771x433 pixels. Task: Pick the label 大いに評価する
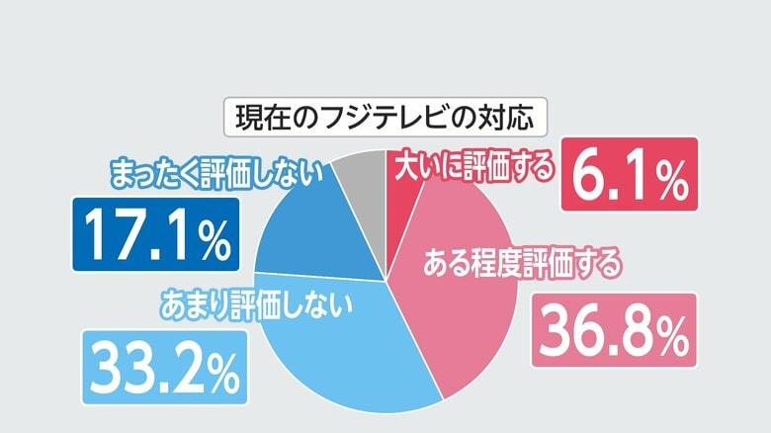pyautogui.click(x=473, y=169)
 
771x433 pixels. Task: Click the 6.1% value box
pyautogui.click(x=630, y=174)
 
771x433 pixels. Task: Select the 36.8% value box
pyautogui.click(x=614, y=332)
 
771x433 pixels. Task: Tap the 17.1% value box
pyautogui.click(x=155, y=235)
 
